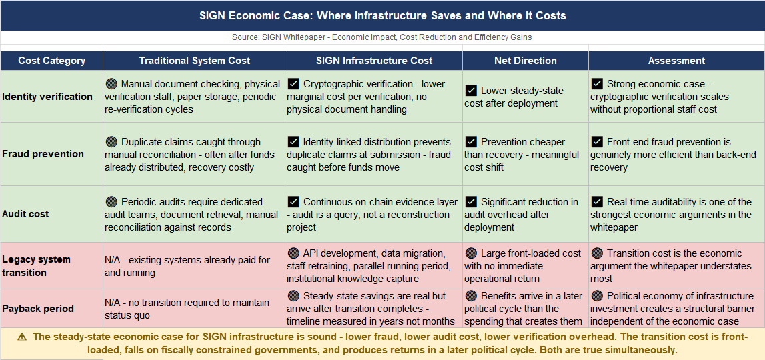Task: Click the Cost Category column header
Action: (51, 61)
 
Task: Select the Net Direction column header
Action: (526, 61)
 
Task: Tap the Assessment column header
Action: (676, 61)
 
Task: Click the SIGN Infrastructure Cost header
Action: (374, 61)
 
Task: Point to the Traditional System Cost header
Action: (194, 61)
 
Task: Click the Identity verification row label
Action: (47, 97)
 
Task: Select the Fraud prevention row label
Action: (43, 154)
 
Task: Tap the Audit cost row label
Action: (25, 214)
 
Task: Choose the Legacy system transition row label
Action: (36, 265)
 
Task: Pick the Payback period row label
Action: (37, 309)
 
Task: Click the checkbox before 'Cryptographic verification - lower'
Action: (293, 85)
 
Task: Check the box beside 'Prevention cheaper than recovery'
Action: (471, 142)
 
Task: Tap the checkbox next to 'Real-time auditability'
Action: (597, 202)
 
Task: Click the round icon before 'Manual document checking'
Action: (111, 85)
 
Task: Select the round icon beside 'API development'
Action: (293, 253)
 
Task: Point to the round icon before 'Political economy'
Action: (597, 296)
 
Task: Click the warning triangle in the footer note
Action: (23, 337)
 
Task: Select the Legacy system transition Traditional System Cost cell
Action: (193, 265)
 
